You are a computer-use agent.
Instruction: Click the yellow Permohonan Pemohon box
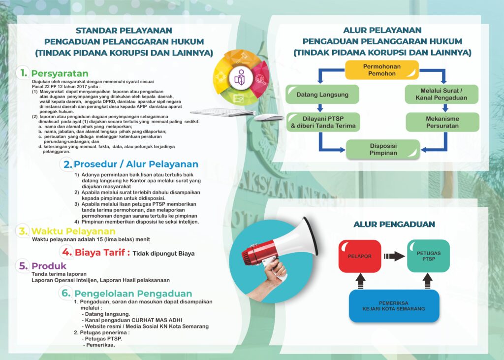[382, 70]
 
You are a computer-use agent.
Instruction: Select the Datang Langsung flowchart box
[322, 94]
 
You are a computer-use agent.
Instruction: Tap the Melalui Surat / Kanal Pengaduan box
[441, 94]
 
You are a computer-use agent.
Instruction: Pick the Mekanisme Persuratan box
[442, 122]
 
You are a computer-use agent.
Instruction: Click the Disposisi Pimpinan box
[383, 149]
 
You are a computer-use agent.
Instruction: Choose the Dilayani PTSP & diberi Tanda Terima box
[323, 122]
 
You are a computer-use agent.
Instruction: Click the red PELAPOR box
[360, 256]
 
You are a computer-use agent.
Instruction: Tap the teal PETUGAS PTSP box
[429, 256]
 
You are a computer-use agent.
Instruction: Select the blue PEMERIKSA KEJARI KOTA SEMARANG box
[394, 306]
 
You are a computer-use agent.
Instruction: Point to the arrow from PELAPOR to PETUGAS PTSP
[394, 256]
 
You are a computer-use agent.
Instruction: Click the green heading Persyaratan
[60, 73]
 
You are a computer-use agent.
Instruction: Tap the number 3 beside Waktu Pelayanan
[23, 231]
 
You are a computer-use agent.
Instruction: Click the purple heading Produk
[49, 266]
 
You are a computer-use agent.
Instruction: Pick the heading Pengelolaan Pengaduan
[133, 294]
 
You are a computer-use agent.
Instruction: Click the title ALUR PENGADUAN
[394, 224]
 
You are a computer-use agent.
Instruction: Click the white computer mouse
[269, 117]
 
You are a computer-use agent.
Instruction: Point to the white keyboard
[223, 112]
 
